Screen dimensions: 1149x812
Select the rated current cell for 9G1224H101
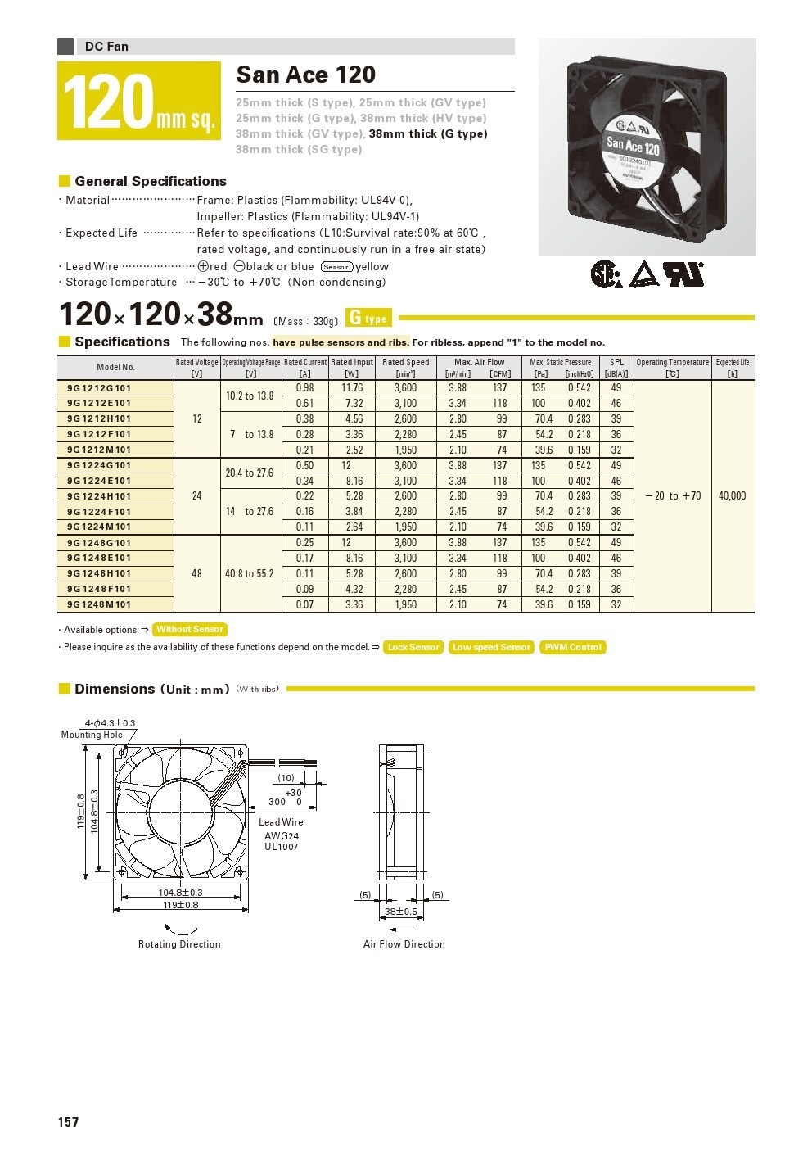(304, 496)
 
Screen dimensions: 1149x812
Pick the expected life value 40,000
(732, 496)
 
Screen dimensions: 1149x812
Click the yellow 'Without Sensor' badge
(190, 630)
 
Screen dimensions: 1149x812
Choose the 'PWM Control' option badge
(573, 648)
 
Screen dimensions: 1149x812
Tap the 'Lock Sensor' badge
(413, 648)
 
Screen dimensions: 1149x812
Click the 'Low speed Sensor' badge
(491, 648)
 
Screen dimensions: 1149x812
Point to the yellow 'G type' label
(369, 319)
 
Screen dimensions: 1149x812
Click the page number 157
(68, 1122)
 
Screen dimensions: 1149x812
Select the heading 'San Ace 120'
(305, 75)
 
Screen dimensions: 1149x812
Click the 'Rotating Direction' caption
(179, 944)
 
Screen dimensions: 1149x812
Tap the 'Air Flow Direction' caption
(404, 944)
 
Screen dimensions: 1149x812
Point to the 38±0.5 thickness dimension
(401, 912)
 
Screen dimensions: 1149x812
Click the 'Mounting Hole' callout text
(92, 735)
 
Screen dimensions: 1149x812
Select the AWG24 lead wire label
(282, 835)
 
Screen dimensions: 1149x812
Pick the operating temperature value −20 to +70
(673, 496)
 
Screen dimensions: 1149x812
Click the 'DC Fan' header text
(106, 47)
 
